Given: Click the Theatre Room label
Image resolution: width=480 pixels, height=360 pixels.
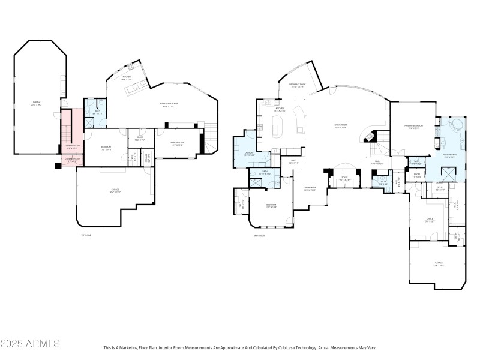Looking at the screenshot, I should (177, 143).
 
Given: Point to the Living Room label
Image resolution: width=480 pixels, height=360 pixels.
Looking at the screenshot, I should (341, 127).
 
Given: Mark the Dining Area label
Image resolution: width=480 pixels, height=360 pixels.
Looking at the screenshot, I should (310, 190).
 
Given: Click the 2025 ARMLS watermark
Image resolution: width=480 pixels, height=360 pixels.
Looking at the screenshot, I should (30, 344).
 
